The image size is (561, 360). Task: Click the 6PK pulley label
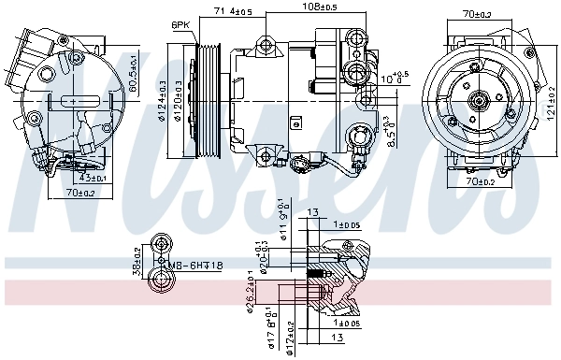tap(180, 24)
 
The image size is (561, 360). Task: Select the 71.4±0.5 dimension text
tap(234, 10)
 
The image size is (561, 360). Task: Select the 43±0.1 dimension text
tap(93, 179)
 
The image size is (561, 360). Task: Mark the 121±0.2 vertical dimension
tap(552, 104)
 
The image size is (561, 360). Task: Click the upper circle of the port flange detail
tap(163, 245)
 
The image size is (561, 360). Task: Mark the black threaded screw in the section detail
tap(319, 273)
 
